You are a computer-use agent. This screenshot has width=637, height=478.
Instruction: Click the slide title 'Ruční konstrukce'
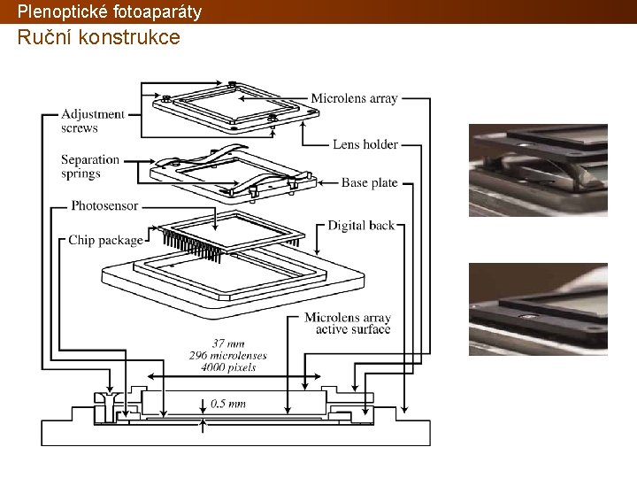click(x=98, y=38)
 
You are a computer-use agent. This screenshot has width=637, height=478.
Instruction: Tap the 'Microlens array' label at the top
click(x=355, y=98)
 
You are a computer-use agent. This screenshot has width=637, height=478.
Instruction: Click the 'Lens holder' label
click(x=365, y=144)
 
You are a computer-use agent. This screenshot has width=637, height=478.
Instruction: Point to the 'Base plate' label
click(x=370, y=183)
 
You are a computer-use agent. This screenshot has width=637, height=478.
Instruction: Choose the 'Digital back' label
click(x=361, y=226)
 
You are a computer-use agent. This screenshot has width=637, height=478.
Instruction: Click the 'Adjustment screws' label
click(x=93, y=121)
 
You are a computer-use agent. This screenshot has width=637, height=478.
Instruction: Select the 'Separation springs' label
click(x=90, y=166)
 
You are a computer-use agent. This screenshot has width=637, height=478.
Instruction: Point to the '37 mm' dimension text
click(x=228, y=343)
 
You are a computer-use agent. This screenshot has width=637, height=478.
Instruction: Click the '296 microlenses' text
click(x=227, y=355)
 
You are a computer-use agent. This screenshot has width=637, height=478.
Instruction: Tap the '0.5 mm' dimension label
click(x=228, y=404)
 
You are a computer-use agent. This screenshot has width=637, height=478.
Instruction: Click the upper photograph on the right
click(x=538, y=170)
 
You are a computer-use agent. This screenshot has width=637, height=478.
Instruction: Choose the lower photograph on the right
click(x=538, y=309)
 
